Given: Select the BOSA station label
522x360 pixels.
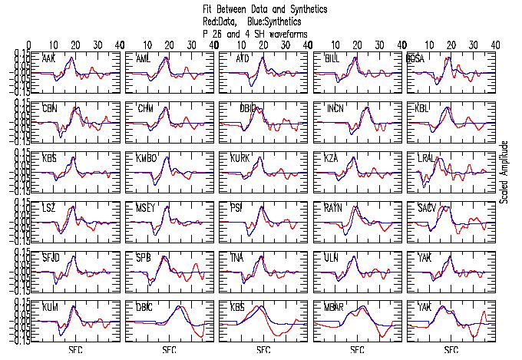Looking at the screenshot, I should point(417,59).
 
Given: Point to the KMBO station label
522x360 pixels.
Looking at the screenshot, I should point(147,158).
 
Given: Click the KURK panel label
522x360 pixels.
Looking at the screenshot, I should point(240,158).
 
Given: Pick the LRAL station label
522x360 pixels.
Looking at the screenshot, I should point(428,158).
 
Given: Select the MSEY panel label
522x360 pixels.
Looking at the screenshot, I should point(146,208).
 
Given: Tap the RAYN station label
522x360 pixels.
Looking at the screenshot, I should point(334,208).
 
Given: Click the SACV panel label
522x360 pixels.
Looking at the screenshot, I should point(428,208).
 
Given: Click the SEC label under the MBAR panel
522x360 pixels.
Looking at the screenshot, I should point(357,351).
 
